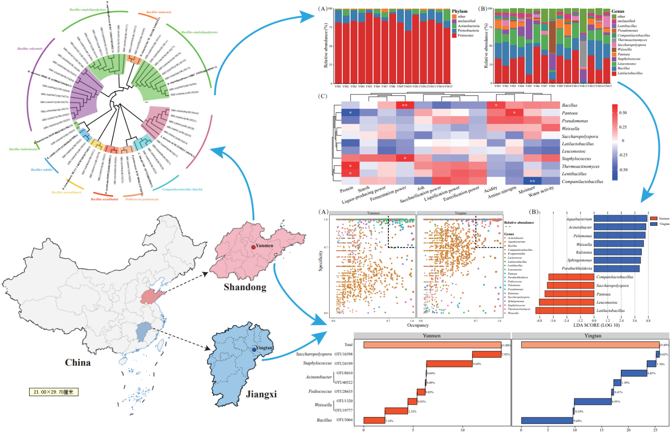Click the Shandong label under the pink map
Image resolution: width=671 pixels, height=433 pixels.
pyautogui.click(x=245, y=287)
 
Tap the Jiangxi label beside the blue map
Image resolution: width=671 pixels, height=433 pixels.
pyautogui.click(x=261, y=394)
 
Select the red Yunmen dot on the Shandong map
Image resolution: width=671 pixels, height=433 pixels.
pyautogui.click(x=253, y=247)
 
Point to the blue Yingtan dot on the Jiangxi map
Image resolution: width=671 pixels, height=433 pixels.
pyautogui.click(x=254, y=350)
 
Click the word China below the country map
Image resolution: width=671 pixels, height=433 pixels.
pyautogui.click(x=77, y=363)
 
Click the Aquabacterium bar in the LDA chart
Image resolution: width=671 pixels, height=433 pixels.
pyautogui.click(x=620, y=219)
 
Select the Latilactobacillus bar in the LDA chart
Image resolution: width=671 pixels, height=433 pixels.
pyautogui.click(x=565, y=311)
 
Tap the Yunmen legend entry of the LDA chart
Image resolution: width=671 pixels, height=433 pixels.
pyautogui.click(x=659, y=219)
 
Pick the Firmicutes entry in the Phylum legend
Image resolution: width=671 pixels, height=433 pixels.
pyautogui.click(x=465, y=36)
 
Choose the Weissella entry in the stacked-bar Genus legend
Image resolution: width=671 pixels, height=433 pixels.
pyautogui.click(x=625, y=50)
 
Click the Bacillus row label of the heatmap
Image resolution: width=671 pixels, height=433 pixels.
pyautogui.click(x=569, y=105)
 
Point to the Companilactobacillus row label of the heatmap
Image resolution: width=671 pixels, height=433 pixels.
pyautogui.click(x=582, y=182)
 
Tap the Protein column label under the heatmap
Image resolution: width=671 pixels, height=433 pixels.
pyautogui.click(x=346, y=188)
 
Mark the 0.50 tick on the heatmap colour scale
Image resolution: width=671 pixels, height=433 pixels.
pyautogui.click(x=623, y=112)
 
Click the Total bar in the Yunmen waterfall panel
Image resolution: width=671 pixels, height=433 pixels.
pyautogui.click(x=432, y=345)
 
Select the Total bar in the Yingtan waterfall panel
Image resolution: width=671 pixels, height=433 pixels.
pyautogui.click(x=590, y=345)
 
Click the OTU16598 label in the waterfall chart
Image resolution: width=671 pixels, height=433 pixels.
pyautogui.click(x=343, y=354)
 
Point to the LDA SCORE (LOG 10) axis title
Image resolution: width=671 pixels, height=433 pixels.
pyautogui.click(x=596, y=325)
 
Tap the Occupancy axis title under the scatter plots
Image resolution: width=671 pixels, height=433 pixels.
pyautogui.click(x=418, y=325)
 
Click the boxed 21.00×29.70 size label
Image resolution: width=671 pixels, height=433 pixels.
pyautogui.click(x=53, y=392)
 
